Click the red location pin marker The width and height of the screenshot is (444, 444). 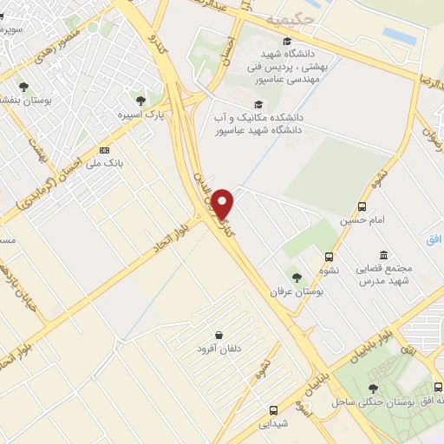coord(225,204)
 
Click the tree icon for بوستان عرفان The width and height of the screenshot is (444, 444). coord(297,277)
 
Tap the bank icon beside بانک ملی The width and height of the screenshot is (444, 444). coord(104,149)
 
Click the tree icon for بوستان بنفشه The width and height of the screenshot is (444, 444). coord(23,87)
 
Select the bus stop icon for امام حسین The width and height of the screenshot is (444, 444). coord(362,206)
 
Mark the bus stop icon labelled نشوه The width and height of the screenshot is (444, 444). coord(329,257)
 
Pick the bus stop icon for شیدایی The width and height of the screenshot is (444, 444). coord(273,409)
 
